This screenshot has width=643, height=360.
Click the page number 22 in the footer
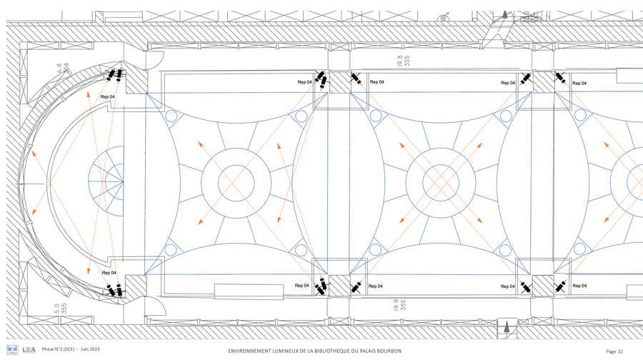point(620,351)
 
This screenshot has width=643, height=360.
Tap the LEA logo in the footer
point(29,350)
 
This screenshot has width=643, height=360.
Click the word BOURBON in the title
point(387,351)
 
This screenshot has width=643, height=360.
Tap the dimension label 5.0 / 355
point(61,309)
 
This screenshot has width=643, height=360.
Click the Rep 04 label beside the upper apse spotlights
point(108,96)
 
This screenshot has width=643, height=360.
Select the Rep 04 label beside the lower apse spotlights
point(109,273)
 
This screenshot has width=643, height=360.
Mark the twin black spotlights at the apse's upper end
point(115,75)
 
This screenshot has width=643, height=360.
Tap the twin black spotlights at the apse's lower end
point(114,291)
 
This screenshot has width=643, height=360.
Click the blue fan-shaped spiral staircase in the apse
point(107,181)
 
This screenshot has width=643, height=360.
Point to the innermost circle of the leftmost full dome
point(236,182)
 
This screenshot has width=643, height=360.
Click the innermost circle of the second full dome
point(439,182)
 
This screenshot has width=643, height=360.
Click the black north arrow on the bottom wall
point(507,326)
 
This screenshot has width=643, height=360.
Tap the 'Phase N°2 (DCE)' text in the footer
point(58,349)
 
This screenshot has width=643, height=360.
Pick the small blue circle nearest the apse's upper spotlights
point(171,116)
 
